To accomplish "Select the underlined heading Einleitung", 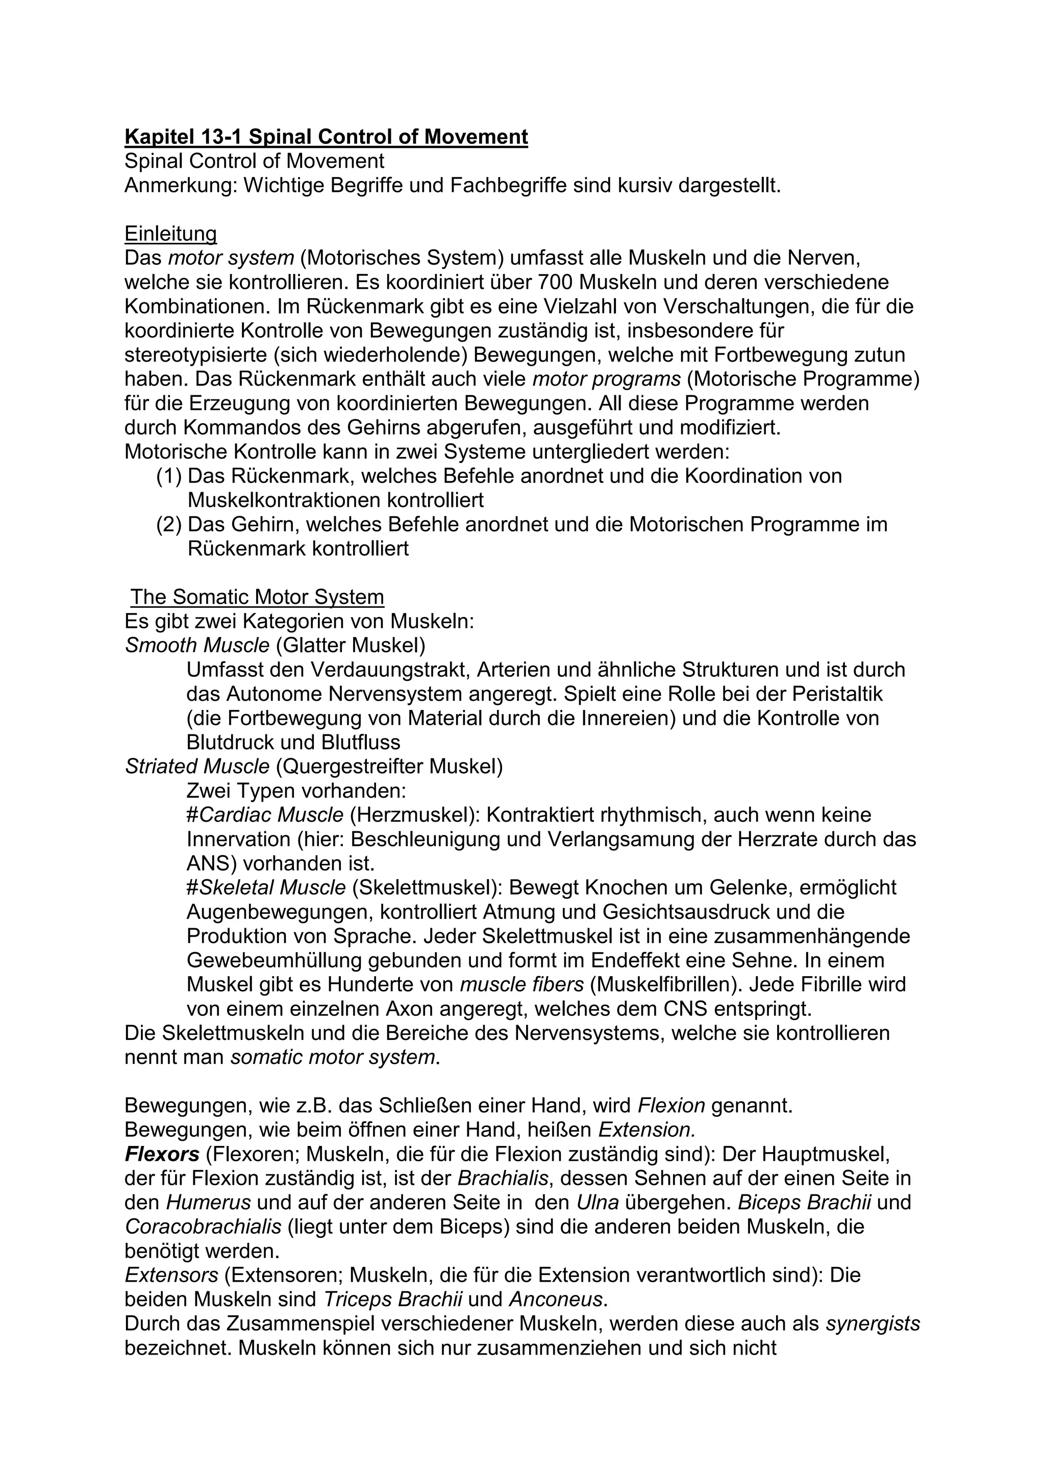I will [x=170, y=233].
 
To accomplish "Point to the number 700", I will [x=556, y=282].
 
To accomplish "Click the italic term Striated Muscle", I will [x=197, y=766].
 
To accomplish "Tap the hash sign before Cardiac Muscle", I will [x=192, y=815].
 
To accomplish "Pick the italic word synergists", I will [x=873, y=1323].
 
